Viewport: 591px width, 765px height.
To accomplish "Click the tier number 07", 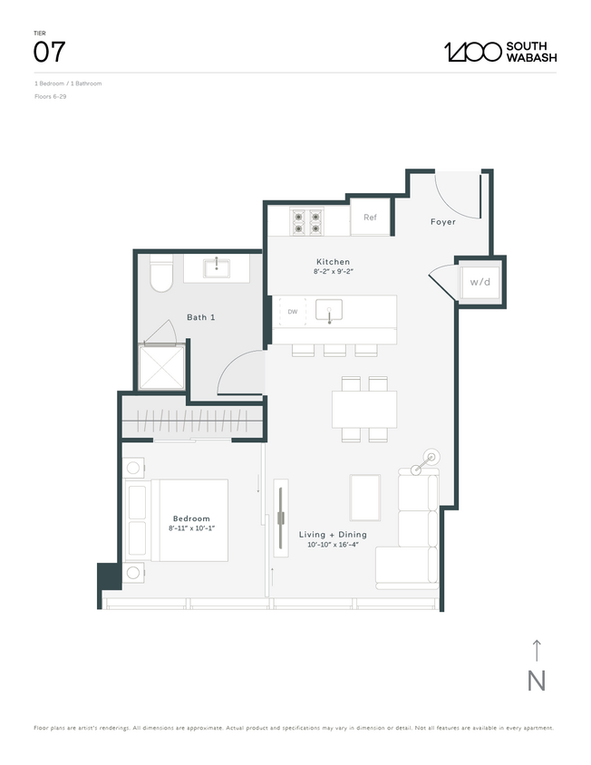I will click(x=49, y=52).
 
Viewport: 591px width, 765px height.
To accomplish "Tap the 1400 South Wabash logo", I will click(x=499, y=52).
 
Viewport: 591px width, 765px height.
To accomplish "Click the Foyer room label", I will click(x=442, y=222).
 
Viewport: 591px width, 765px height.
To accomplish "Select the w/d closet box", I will click(x=480, y=282).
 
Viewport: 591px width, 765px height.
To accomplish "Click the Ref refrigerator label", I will click(x=370, y=218).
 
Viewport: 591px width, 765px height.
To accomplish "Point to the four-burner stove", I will click(x=307, y=221).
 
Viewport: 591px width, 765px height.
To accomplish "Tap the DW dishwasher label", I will click(x=292, y=312).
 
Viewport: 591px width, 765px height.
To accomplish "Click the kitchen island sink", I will click(x=329, y=311).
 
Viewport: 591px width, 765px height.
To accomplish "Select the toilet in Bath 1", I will click(x=160, y=276).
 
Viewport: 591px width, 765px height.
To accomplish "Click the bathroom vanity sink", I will click(x=217, y=267).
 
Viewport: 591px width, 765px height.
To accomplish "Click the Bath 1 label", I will click(x=200, y=317).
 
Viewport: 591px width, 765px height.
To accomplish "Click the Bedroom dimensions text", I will click(x=190, y=528).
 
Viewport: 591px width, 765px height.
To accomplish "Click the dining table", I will click(x=363, y=409).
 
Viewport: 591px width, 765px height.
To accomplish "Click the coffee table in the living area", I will click(x=366, y=498).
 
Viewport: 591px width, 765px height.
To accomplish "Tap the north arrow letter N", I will click(x=537, y=681).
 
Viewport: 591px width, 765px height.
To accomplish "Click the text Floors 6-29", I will click(x=51, y=96).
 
